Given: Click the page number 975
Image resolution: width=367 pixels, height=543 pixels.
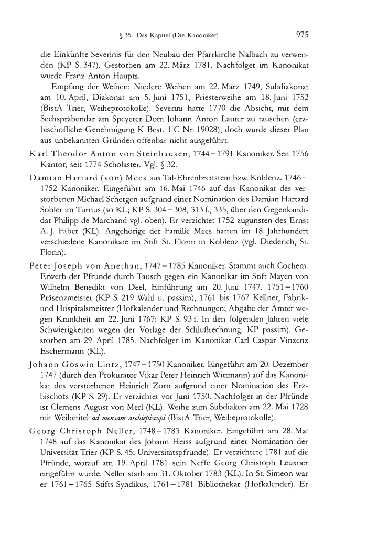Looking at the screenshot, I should pos(301,35).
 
